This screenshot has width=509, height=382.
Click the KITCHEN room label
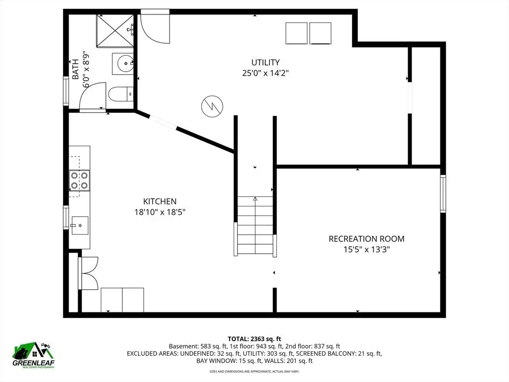[x=160, y=201]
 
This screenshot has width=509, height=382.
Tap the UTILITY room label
[x=265, y=62]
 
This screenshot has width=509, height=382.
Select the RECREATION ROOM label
[x=366, y=239]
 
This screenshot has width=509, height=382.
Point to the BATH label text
[x=76, y=69]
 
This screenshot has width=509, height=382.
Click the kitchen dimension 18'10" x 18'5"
[x=160, y=212]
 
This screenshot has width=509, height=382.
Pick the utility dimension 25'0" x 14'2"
[x=265, y=73]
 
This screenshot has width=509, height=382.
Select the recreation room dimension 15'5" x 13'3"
[x=366, y=250]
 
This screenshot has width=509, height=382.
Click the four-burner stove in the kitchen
[x=80, y=180]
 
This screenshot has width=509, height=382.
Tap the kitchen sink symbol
[x=80, y=225]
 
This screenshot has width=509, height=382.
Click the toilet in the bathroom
[x=121, y=94]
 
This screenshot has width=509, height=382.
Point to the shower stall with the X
[x=115, y=31]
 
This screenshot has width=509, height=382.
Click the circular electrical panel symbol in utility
[x=212, y=106]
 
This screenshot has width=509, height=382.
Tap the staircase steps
[x=255, y=225]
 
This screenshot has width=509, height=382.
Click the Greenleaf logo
[x=33, y=355]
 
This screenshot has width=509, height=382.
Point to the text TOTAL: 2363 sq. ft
[x=254, y=339]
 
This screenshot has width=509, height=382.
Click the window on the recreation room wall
[x=443, y=193]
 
